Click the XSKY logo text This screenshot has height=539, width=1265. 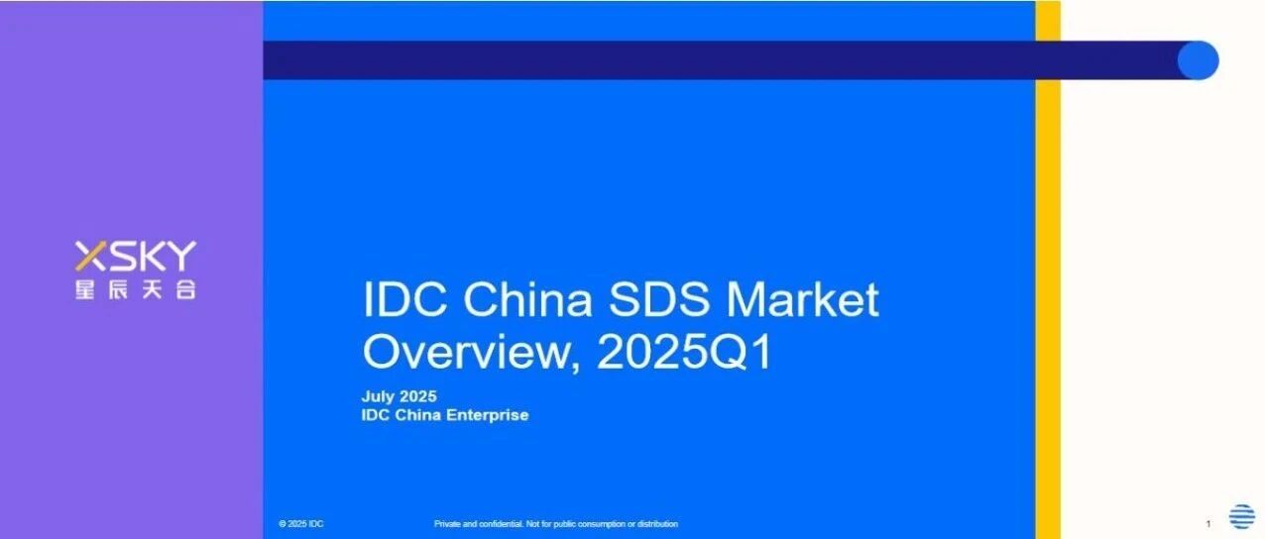pos(136,257)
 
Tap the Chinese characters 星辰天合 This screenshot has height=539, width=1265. pos(136,290)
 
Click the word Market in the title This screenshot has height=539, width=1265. pos(802,299)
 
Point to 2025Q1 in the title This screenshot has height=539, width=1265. pos(684,352)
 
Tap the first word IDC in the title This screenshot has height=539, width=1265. pos(404,299)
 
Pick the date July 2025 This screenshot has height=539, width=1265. pos(400,396)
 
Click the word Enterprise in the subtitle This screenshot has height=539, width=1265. pos(488,415)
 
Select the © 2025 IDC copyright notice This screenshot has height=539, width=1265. pos(301,524)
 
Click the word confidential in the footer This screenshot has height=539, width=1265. pos(501,524)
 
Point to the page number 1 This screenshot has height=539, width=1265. pos(1207,524)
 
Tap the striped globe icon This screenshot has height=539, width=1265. pos(1242,516)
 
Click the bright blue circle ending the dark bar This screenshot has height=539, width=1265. pos(1199,60)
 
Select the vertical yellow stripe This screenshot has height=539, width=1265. pos(1048,269)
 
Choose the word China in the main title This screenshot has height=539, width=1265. pos(528,299)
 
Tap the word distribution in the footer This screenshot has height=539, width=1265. pos(658,524)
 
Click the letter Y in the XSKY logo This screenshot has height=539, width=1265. pos(180,257)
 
